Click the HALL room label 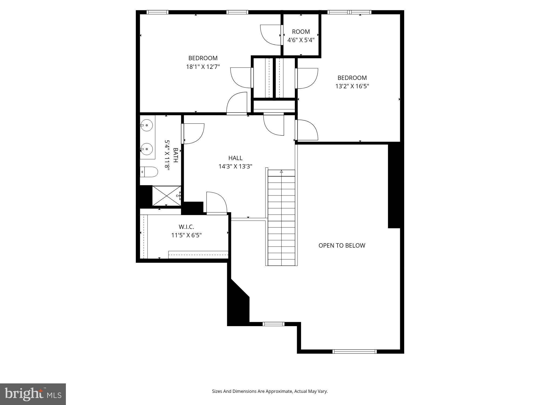click(235, 158)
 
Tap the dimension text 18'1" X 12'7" click(203, 67)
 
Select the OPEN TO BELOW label click(342, 245)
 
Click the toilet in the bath click(149, 172)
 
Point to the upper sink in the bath click(147, 126)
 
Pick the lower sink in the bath click(147, 149)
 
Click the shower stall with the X click(166, 196)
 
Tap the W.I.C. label click(186, 227)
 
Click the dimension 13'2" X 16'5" click(352, 86)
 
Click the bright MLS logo click(33, 394)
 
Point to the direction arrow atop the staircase click(281, 171)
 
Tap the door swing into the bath click(193, 133)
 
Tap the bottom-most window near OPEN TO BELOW click(354, 351)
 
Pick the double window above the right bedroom click(349, 12)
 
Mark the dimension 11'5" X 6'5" click(186, 235)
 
